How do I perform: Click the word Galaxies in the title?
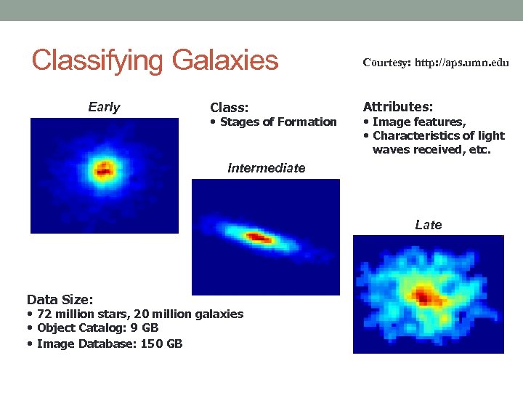point(225,60)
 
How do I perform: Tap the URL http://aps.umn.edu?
point(463,63)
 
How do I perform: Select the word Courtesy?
point(386,63)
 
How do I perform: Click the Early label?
point(104,108)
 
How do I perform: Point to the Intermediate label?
point(266,168)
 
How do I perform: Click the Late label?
point(428,225)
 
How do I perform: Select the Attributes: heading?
point(397,106)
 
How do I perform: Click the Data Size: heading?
point(60,299)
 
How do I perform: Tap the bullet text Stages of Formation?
point(278,122)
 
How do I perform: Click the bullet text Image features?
point(418,122)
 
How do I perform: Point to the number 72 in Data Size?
point(44,314)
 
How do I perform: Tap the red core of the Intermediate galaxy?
point(259,237)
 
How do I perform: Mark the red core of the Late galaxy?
point(424,296)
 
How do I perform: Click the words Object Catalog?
point(82,328)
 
